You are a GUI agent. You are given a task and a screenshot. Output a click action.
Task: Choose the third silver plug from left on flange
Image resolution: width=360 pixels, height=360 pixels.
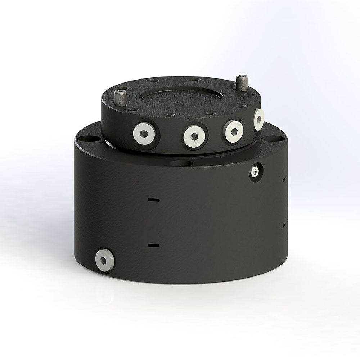[233, 130]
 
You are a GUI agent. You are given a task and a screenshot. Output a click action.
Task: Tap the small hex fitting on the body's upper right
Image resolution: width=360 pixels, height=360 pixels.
[255, 172]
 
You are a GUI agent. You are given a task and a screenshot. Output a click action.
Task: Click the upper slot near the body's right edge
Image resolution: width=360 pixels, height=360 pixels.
[284, 178]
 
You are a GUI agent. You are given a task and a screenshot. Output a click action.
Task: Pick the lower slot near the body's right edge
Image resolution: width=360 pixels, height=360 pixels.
[284, 225]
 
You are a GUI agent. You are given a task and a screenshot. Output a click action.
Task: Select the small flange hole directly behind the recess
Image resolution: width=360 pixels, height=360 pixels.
[194, 78]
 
